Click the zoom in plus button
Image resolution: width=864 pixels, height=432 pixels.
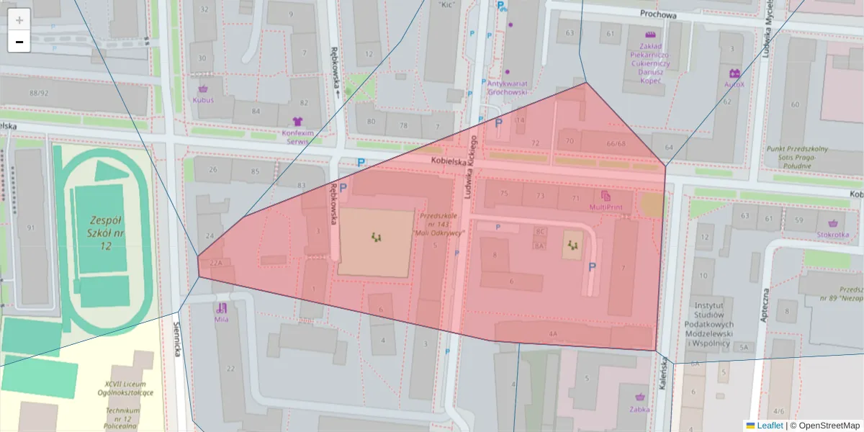19,20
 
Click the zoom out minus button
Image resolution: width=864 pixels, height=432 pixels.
19,42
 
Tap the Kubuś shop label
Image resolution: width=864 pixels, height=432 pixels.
202,100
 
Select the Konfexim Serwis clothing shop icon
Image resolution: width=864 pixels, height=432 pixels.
298,122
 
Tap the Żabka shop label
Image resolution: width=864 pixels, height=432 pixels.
639,408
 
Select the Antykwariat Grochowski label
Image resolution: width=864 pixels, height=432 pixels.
508,86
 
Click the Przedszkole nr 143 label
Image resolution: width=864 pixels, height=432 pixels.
439,223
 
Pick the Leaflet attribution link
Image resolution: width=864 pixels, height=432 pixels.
769,426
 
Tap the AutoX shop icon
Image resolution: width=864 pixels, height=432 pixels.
734,73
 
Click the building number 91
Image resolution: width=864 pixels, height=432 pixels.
31,228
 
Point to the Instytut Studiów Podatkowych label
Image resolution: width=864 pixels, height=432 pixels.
711,325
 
